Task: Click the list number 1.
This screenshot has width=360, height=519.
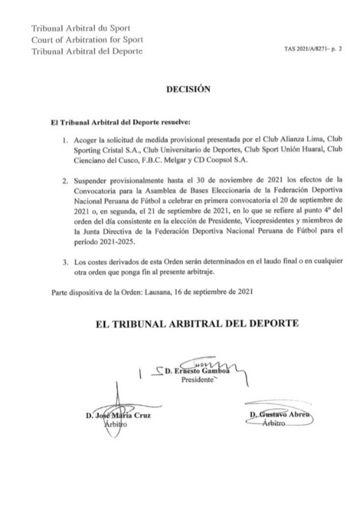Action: coord(66,140)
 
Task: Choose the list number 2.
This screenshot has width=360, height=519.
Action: coord(66,180)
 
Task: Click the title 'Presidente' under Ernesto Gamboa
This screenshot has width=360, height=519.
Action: coord(199,384)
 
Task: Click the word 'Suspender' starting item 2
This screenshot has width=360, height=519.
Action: coord(93,180)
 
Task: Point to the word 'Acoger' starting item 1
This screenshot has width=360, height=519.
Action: coord(88,140)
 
